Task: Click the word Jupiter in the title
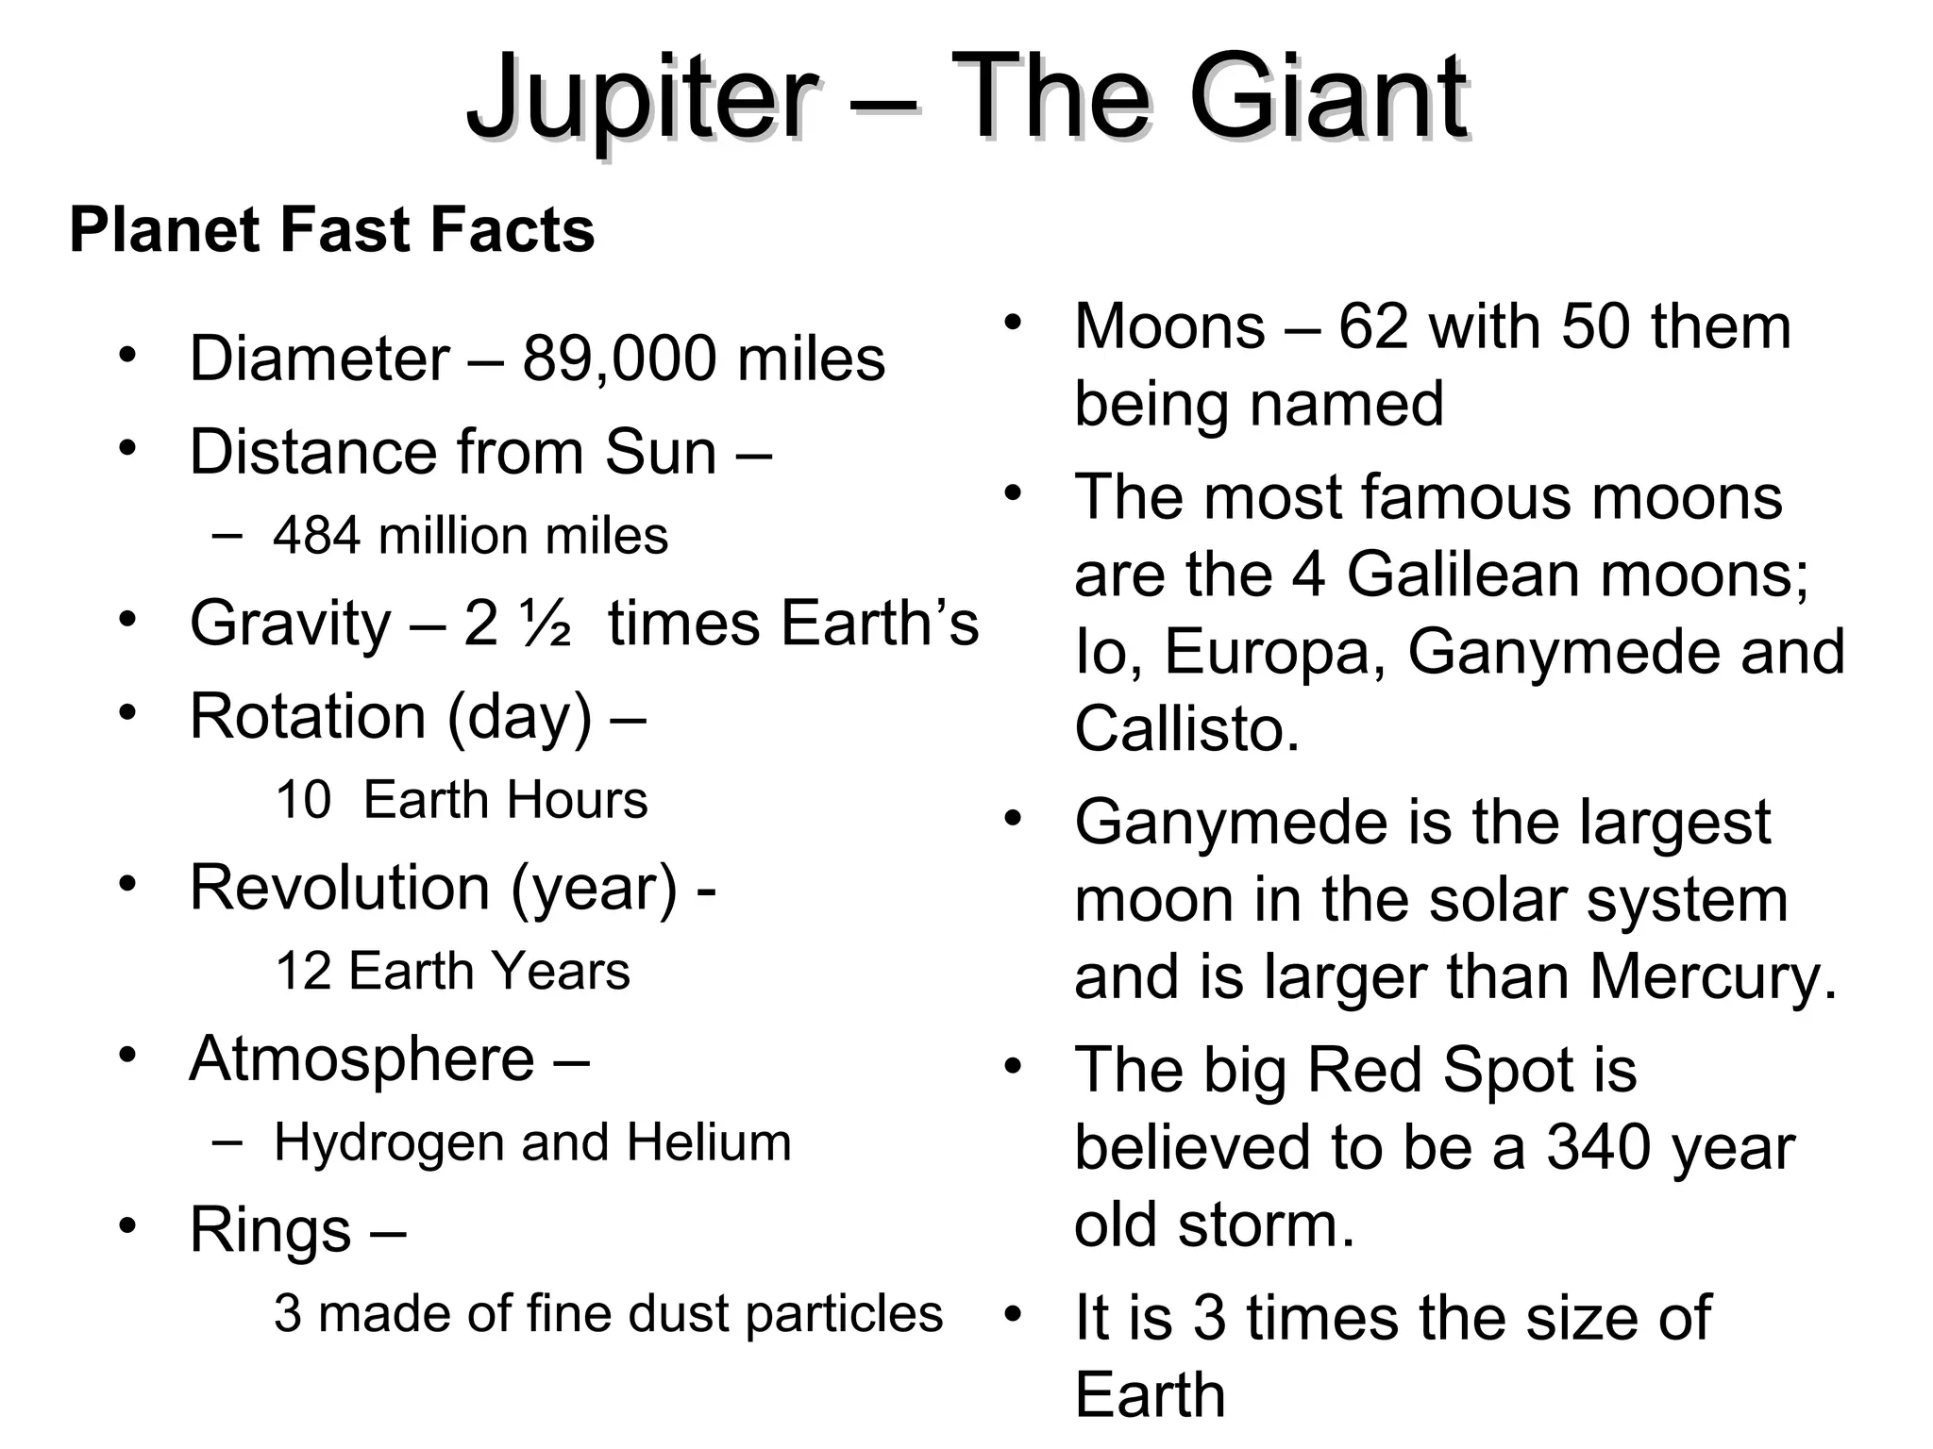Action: tap(642, 99)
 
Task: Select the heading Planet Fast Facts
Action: tap(332, 230)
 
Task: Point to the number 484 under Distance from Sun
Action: tap(316, 536)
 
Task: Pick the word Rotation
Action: tap(309, 716)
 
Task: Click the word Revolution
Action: tap(340, 888)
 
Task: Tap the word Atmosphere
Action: tap(361, 1058)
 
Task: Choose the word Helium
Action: tap(708, 1142)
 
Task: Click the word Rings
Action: tap(271, 1230)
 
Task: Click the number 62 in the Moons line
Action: tap(1373, 327)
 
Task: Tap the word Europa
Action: tap(1275, 652)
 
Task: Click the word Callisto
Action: tap(1186, 729)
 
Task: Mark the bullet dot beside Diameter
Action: tap(127, 356)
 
